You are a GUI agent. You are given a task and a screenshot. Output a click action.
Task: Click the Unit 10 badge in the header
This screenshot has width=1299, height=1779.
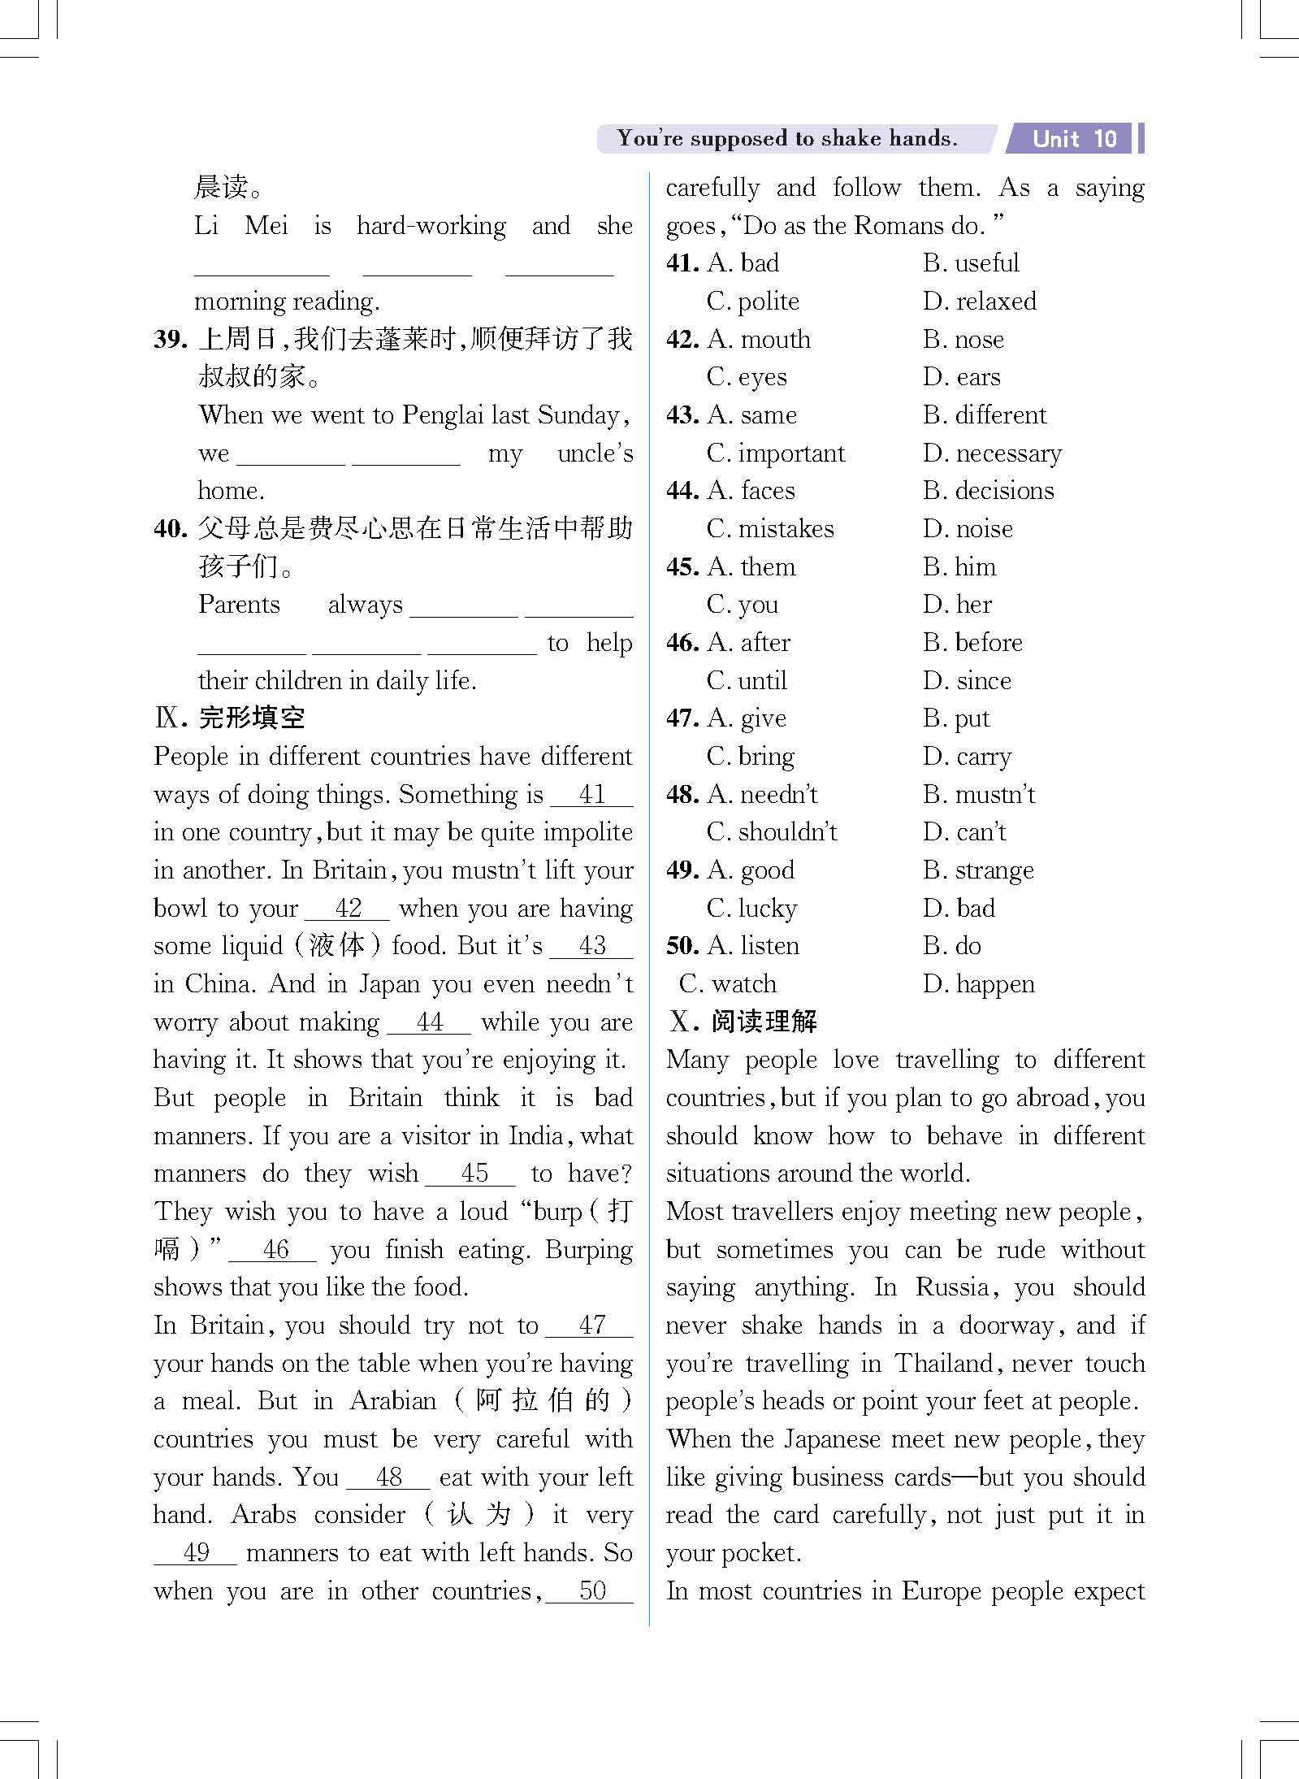1074,139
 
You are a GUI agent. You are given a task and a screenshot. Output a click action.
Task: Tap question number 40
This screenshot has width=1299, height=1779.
171,529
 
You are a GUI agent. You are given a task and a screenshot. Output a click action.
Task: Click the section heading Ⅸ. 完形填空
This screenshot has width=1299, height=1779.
230,718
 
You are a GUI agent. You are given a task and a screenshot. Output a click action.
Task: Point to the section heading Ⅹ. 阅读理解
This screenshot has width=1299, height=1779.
743,1022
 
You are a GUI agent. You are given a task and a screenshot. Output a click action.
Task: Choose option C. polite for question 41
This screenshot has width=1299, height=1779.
753,302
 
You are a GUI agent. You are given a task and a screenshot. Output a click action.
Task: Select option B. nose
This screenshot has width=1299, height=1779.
963,340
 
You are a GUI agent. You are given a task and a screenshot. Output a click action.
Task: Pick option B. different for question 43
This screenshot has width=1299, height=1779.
985,415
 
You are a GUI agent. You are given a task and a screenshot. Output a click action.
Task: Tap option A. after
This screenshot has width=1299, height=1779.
748,643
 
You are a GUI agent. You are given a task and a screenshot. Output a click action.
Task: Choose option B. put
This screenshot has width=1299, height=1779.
956,718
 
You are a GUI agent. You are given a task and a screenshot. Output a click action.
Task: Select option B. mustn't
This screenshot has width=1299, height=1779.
979,794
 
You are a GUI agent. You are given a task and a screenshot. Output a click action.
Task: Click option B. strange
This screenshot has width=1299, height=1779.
978,870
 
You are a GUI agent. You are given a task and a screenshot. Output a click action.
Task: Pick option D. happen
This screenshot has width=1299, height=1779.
979,984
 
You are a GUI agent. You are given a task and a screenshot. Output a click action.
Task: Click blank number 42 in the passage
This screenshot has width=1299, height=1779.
349,908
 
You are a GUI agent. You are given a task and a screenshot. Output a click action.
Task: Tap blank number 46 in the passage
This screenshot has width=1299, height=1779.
275,1249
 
